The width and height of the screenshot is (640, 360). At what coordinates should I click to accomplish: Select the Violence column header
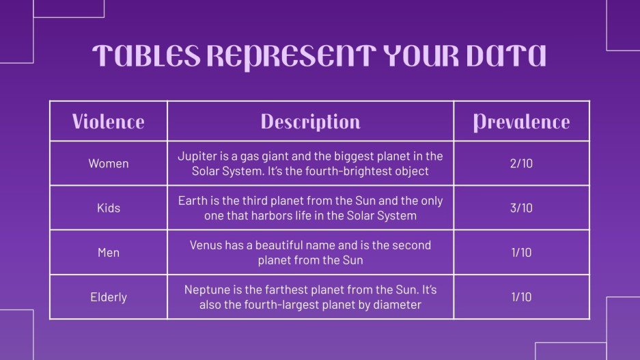click(x=108, y=122)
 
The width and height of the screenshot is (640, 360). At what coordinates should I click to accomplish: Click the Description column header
click(x=310, y=122)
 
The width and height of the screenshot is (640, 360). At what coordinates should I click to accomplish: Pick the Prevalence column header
click(x=521, y=122)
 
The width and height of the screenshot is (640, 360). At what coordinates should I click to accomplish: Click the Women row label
click(x=108, y=164)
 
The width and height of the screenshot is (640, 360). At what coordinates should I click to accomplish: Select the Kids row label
click(x=108, y=208)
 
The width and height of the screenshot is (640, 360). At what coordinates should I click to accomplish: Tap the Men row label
click(x=108, y=253)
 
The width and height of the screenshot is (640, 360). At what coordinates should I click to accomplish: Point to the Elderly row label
click(x=108, y=297)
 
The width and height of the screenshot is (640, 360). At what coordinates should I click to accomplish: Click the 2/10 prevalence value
click(x=521, y=164)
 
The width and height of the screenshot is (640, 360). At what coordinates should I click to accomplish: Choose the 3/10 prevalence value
click(x=521, y=208)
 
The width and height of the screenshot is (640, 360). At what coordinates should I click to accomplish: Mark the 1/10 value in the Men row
click(x=521, y=253)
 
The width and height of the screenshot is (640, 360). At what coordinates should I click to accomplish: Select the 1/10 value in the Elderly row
click(x=521, y=297)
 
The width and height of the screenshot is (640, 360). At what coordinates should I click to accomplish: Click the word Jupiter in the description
click(x=197, y=156)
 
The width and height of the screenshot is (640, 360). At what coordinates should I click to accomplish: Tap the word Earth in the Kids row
click(x=193, y=201)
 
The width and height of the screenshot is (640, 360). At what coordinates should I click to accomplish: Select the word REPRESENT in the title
click(x=287, y=57)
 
